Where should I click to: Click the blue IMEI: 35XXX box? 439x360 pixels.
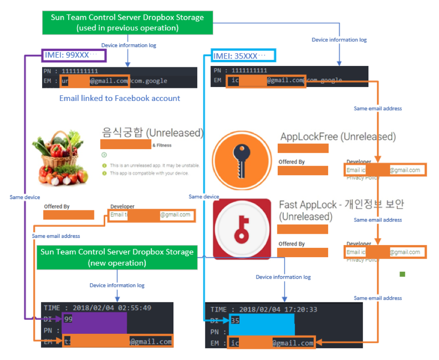tap(243, 56)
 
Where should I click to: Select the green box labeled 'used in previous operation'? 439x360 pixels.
tap(127, 22)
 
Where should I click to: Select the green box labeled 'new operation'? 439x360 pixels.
tap(116, 257)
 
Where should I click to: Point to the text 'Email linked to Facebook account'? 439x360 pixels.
tap(120, 98)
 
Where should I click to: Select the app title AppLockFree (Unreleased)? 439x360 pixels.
tap(338, 137)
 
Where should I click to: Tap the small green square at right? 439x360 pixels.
tap(402, 274)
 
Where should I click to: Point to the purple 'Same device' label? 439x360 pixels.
tap(25, 197)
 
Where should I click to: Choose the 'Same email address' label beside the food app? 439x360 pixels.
tap(56, 236)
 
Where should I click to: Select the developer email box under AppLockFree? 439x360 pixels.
tap(385, 170)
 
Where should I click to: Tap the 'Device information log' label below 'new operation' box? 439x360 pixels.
tap(117, 285)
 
